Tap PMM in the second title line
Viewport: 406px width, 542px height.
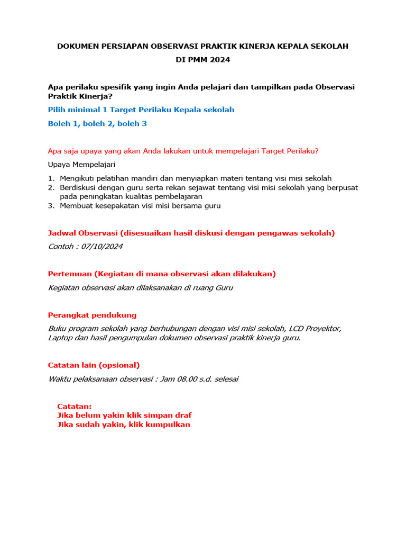pos(198,60)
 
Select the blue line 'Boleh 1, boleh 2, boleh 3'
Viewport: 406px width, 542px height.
pos(97,123)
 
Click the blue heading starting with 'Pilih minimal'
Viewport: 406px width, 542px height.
pos(141,110)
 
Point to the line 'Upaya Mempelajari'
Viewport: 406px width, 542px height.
pos(81,165)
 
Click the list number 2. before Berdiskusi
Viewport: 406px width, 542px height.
pos(51,187)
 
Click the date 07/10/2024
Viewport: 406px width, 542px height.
pos(104,247)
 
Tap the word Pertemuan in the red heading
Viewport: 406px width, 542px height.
pos(70,274)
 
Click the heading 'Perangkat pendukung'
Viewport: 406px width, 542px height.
pos(92,315)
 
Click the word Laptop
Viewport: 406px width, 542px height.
pos(61,338)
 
